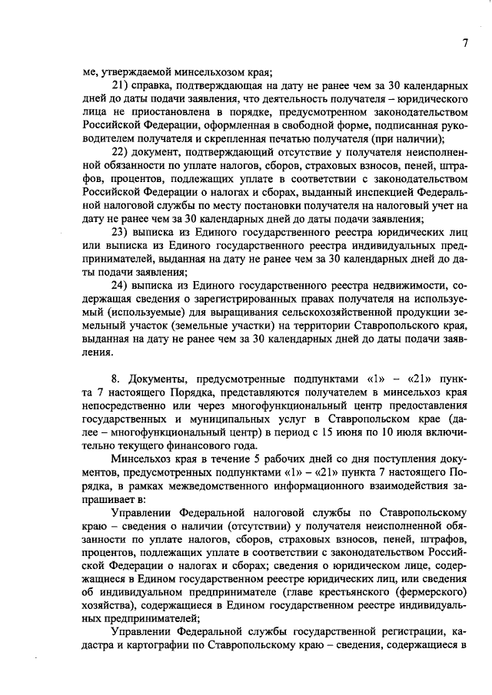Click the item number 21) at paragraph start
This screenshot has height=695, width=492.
click(x=121, y=84)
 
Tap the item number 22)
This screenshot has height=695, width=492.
click(x=121, y=151)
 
